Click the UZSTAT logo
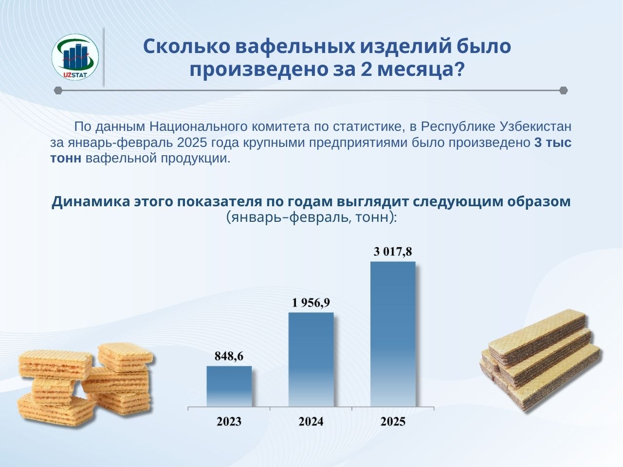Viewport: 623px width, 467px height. point(75,57)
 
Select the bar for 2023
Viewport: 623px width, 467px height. point(229,386)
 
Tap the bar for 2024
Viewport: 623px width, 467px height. point(311,359)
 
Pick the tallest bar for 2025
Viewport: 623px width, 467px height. point(393,334)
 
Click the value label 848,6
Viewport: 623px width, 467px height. point(229,356)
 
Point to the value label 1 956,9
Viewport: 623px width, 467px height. point(311,303)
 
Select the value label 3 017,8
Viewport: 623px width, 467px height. point(393,251)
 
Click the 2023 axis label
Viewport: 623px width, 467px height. point(229,422)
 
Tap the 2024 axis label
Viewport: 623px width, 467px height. point(311,422)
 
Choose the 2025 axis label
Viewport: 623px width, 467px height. point(393,422)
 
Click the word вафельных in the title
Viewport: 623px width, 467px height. point(295,46)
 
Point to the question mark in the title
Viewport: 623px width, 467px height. point(459,70)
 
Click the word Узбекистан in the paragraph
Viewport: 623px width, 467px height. point(535,127)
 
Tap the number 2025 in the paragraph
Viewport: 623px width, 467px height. point(192,143)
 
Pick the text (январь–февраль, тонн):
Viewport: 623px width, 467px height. point(311,217)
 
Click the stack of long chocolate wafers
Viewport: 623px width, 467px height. point(541,359)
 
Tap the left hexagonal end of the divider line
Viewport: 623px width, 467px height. point(58,90)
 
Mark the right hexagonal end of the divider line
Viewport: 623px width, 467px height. point(564,90)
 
